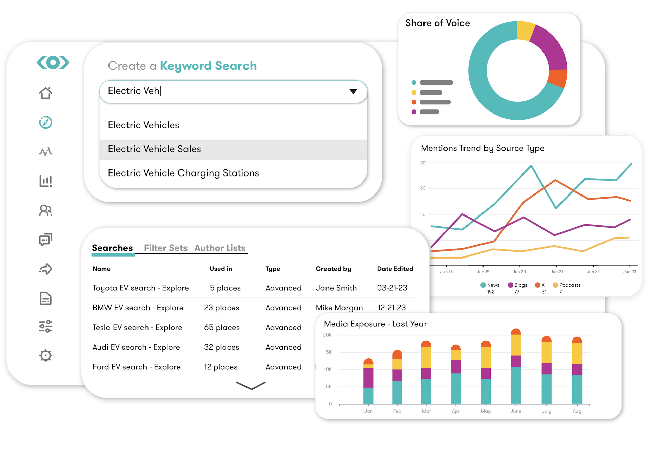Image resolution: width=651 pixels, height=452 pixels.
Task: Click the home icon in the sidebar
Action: pyautogui.click(x=45, y=93)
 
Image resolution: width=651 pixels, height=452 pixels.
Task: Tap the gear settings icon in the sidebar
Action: pyautogui.click(x=45, y=355)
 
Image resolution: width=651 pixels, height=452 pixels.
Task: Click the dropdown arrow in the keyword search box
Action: pyautogui.click(x=353, y=91)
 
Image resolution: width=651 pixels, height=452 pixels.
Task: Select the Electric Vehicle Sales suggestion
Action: pyautogui.click(x=154, y=149)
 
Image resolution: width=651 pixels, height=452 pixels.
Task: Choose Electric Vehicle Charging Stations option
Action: pyautogui.click(x=183, y=173)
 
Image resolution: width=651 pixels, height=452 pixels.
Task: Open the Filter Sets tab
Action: pyautogui.click(x=165, y=248)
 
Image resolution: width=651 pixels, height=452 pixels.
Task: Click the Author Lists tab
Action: pyautogui.click(x=220, y=248)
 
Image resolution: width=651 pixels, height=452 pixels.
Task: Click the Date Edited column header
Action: pyautogui.click(x=395, y=269)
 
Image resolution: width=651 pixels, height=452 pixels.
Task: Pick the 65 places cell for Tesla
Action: pyautogui.click(x=222, y=328)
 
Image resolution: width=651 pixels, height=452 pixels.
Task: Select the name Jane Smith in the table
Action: pyautogui.click(x=336, y=288)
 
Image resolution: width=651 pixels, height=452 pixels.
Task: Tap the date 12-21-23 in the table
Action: pyautogui.click(x=391, y=308)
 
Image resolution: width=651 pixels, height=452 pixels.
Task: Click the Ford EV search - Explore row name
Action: pyautogui.click(x=136, y=367)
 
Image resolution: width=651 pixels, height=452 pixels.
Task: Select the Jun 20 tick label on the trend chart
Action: pyautogui.click(x=519, y=272)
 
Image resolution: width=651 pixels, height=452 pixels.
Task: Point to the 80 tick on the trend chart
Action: pyautogui.click(x=423, y=163)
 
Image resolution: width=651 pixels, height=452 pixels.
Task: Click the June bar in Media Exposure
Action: pyautogui.click(x=515, y=369)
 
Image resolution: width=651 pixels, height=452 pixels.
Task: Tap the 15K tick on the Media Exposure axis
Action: pyautogui.click(x=328, y=352)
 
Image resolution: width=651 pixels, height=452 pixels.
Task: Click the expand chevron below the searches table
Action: pyautogui.click(x=251, y=386)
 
